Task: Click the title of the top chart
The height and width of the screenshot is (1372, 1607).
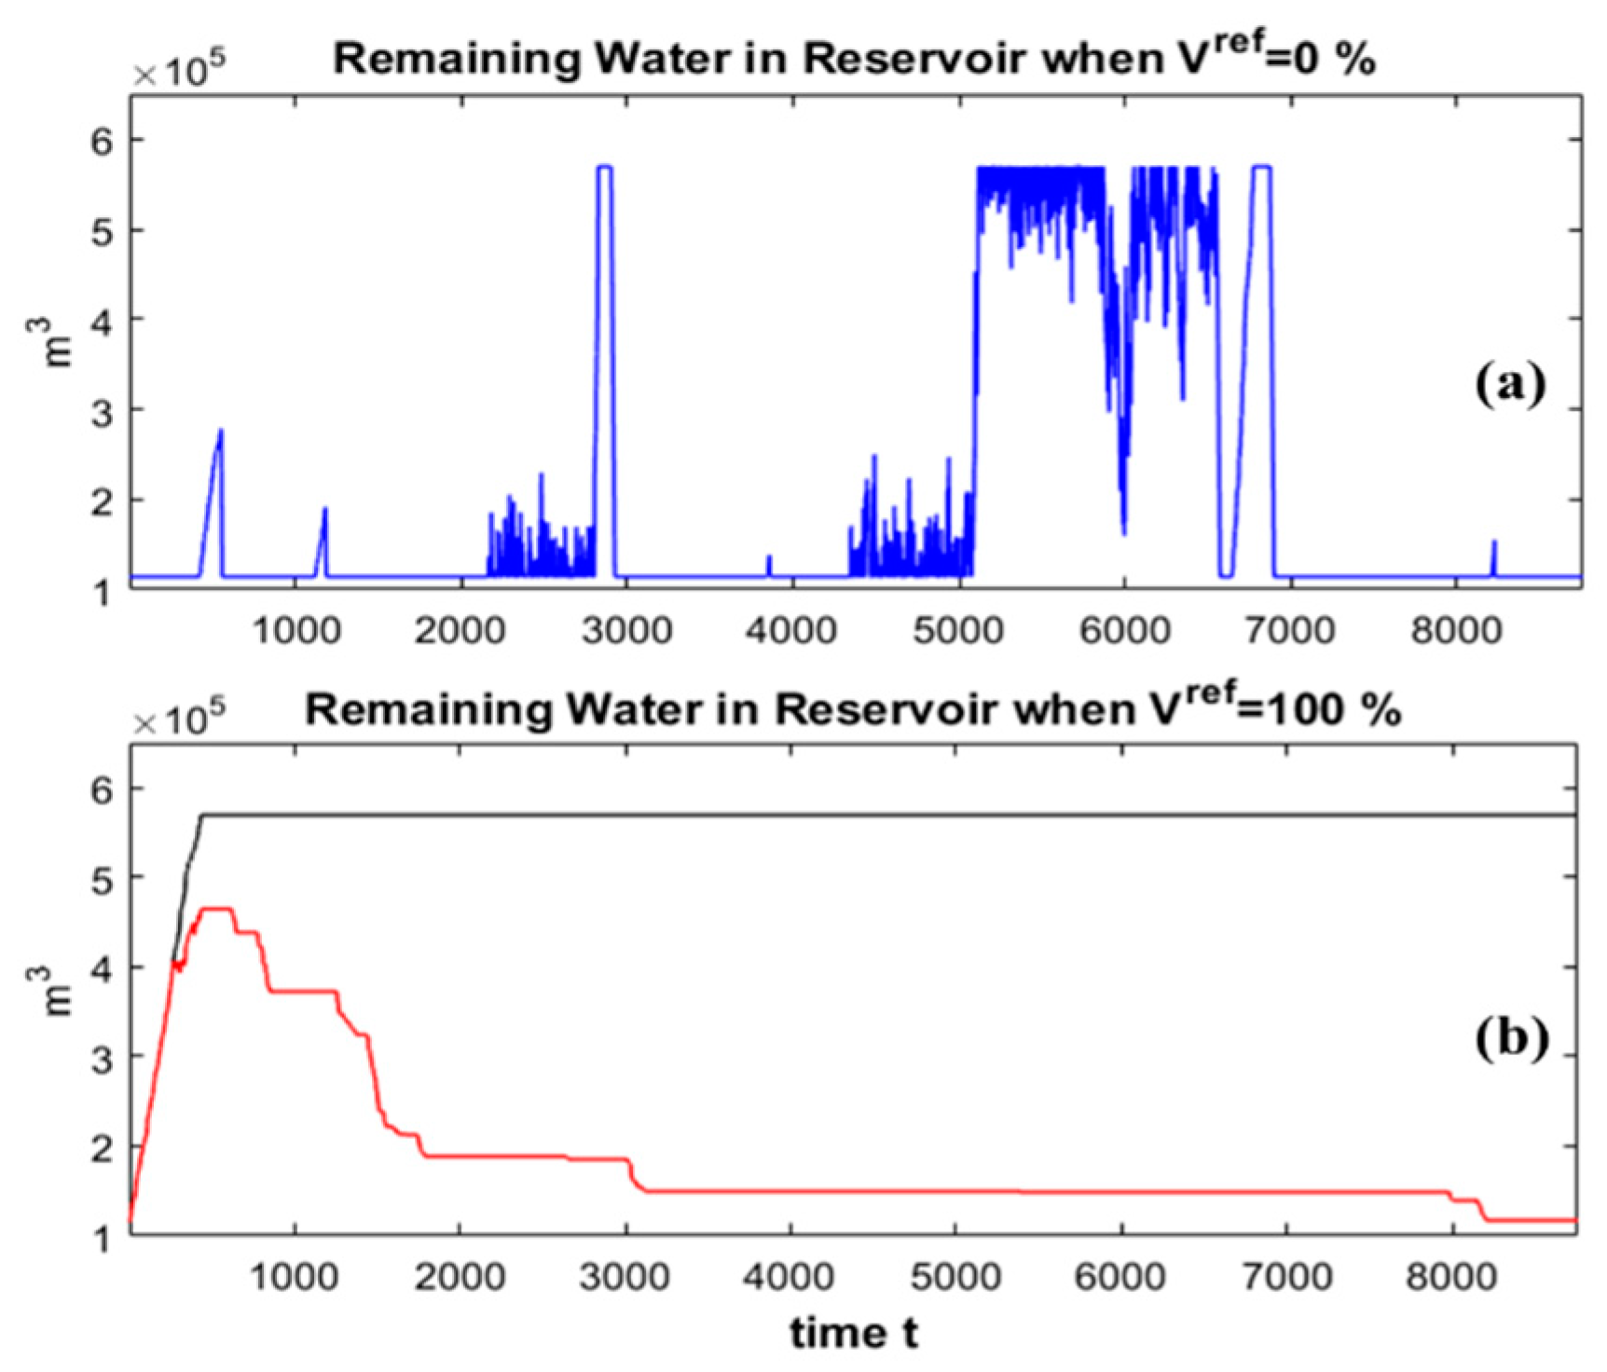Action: (x=854, y=58)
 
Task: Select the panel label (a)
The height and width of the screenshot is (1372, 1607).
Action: (x=1509, y=383)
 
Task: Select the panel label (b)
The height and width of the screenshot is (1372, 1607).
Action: (x=1511, y=1036)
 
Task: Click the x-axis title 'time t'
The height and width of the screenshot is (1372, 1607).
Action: (x=853, y=1333)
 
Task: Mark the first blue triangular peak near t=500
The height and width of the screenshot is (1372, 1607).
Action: (x=220, y=432)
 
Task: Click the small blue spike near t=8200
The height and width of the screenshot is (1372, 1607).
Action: (x=1493, y=543)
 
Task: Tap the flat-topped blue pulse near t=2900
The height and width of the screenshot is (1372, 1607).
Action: (x=604, y=168)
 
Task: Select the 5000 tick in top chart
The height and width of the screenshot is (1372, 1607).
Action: (x=958, y=631)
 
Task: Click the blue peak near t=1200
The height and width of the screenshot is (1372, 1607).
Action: (x=324, y=511)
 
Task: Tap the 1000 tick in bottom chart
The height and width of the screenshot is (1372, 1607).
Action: (x=295, y=1276)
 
